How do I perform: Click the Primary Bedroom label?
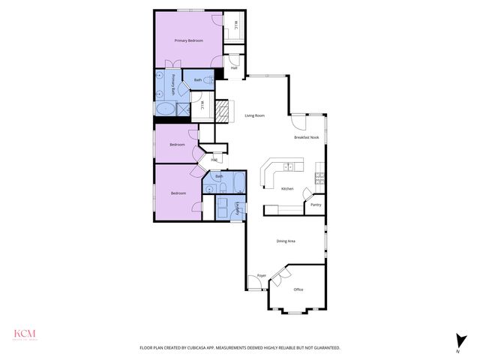coord(189,40)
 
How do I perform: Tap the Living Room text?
coord(255,115)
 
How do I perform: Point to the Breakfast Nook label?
coord(306,138)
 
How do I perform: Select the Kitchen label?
coord(287,189)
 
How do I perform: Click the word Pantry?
coord(316,205)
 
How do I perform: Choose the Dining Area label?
coord(286,241)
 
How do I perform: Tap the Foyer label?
coord(262,276)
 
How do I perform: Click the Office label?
coord(298,289)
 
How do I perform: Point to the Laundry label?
coord(238,208)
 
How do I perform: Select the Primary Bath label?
coord(172,84)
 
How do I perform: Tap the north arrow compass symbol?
coord(458,340)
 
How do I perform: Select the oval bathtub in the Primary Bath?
coord(164,109)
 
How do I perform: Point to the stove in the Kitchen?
coord(319,178)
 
